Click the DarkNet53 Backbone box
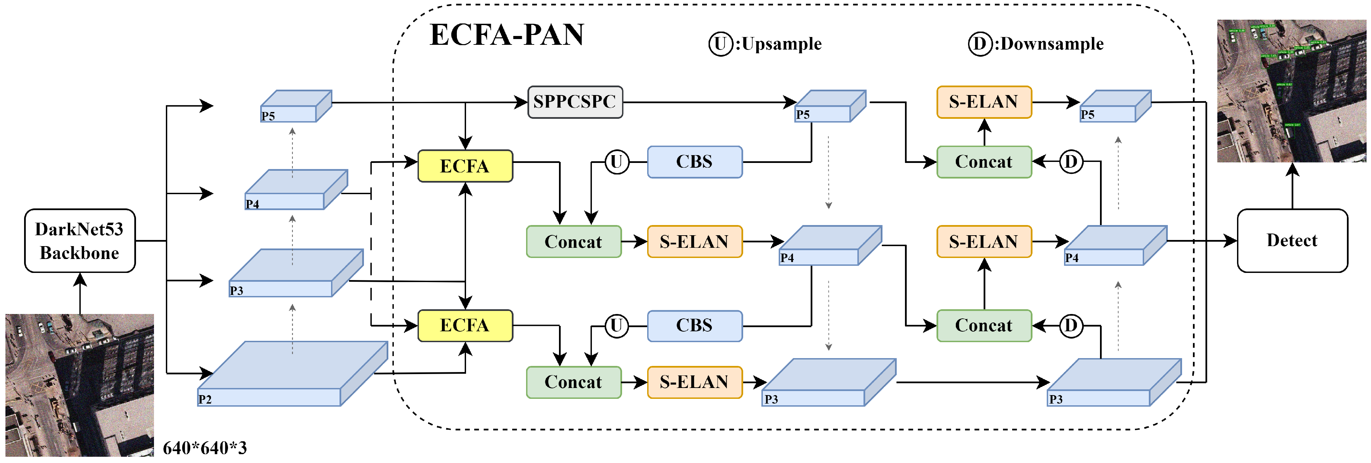[x=80, y=241]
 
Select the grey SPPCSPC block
[x=575, y=102]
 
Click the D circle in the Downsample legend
[x=979, y=44]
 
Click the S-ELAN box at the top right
[x=984, y=102]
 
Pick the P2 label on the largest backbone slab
[x=205, y=400]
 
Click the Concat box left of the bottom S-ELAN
[x=573, y=382]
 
